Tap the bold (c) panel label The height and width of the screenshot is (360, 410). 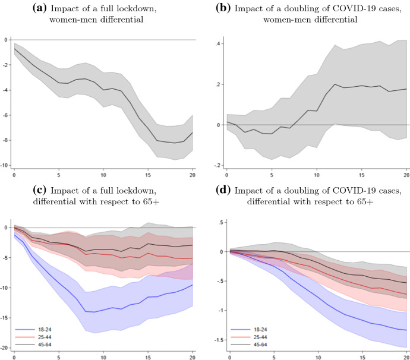pos(40,190)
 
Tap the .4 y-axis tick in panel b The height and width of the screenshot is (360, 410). pos(218,45)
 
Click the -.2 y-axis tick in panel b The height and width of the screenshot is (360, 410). pos(217,165)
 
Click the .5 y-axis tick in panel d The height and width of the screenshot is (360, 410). pos(219,222)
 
